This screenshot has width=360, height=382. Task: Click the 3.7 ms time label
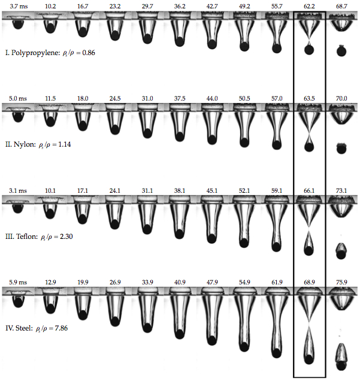pyautogui.click(x=19, y=7)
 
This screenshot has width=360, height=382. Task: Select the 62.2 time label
pyautogui.click(x=309, y=7)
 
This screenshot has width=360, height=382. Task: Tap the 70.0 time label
pyautogui.click(x=341, y=98)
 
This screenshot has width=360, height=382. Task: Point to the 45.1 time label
pyautogui.click(x=212, y=190)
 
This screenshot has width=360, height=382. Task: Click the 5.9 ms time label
pyautogui.click(x=18, y=282)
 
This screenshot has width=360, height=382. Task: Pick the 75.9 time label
pyautogui.click(x=341, y=282)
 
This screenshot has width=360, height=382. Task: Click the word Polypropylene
pyautogui.click(x=35, y=53)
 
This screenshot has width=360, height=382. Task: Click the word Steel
pyautogui.click(x=24, y=328)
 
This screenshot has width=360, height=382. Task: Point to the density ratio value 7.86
pyautogui.click(x=61, y=328)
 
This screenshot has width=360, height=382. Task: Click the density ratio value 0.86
pyautogui.click(x=89, y=53)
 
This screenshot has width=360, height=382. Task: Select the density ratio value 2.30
pyautogui.click(x=66, y=237)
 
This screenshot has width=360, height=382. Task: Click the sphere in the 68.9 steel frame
pyautogui.click(x=309, y=359)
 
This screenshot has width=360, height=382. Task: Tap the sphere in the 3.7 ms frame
pyautogui.click(x=18, y=25)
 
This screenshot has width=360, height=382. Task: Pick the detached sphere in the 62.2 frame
pyautogui.click(x=309, y=50)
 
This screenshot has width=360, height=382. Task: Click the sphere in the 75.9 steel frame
pyautogui.click(x=341, y=366)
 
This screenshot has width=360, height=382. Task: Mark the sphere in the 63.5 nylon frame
pyautogui.click(x=309, y=147)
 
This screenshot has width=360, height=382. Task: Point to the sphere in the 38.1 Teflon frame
pyautogui.click(x=179, y=234)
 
